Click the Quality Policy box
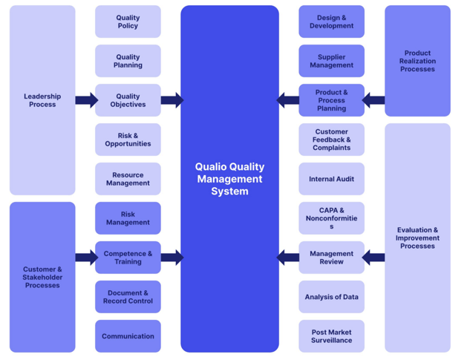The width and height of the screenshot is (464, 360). click(x=128, y=22)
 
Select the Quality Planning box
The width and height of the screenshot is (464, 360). click(x=128, y=61)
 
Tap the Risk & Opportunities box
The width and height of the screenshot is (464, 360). click(x=128, y=140)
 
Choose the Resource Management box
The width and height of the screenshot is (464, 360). click(x=128, y=179)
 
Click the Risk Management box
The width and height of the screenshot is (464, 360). click(x=128, y=218)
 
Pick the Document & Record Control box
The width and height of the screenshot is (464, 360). click(x=128, y=297)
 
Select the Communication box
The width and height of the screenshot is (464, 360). click(x=128, y=336)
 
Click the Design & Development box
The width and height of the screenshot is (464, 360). click(x=331, y=22)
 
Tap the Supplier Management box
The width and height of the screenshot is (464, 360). click(x=331, y=61)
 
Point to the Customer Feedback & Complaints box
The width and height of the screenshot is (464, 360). click(x=331, y=140)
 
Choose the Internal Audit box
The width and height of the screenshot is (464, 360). click(x=331, y=179)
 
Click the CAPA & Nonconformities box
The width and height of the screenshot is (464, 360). click(x=331, y=218)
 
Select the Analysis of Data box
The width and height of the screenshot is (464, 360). click(x=331, y=297)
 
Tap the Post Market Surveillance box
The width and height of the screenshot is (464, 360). click(x=331, y=336)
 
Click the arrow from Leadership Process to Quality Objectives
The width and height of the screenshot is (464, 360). click(x=86, y=100)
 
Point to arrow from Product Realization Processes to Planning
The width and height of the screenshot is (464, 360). click(x=374, y=100)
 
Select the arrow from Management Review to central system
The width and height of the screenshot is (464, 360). click(x=288, y=258)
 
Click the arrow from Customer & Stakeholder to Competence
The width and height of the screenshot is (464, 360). click(x=86, y=258)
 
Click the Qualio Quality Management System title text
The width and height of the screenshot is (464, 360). click(x=229, y=179)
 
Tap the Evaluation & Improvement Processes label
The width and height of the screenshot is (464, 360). click(x=417, y=238)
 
